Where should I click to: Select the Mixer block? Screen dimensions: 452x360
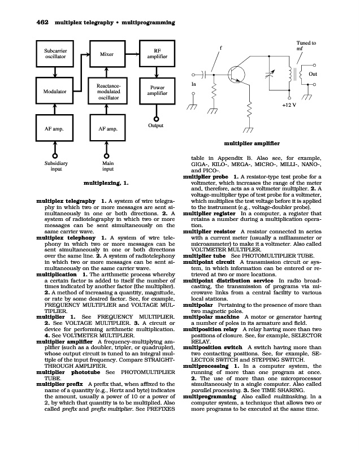(107, 54)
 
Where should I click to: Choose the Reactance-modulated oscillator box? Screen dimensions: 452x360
(107, 91)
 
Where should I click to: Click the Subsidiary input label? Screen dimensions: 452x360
(55, 165)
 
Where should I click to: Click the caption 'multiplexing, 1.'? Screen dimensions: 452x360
(106, 183)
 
